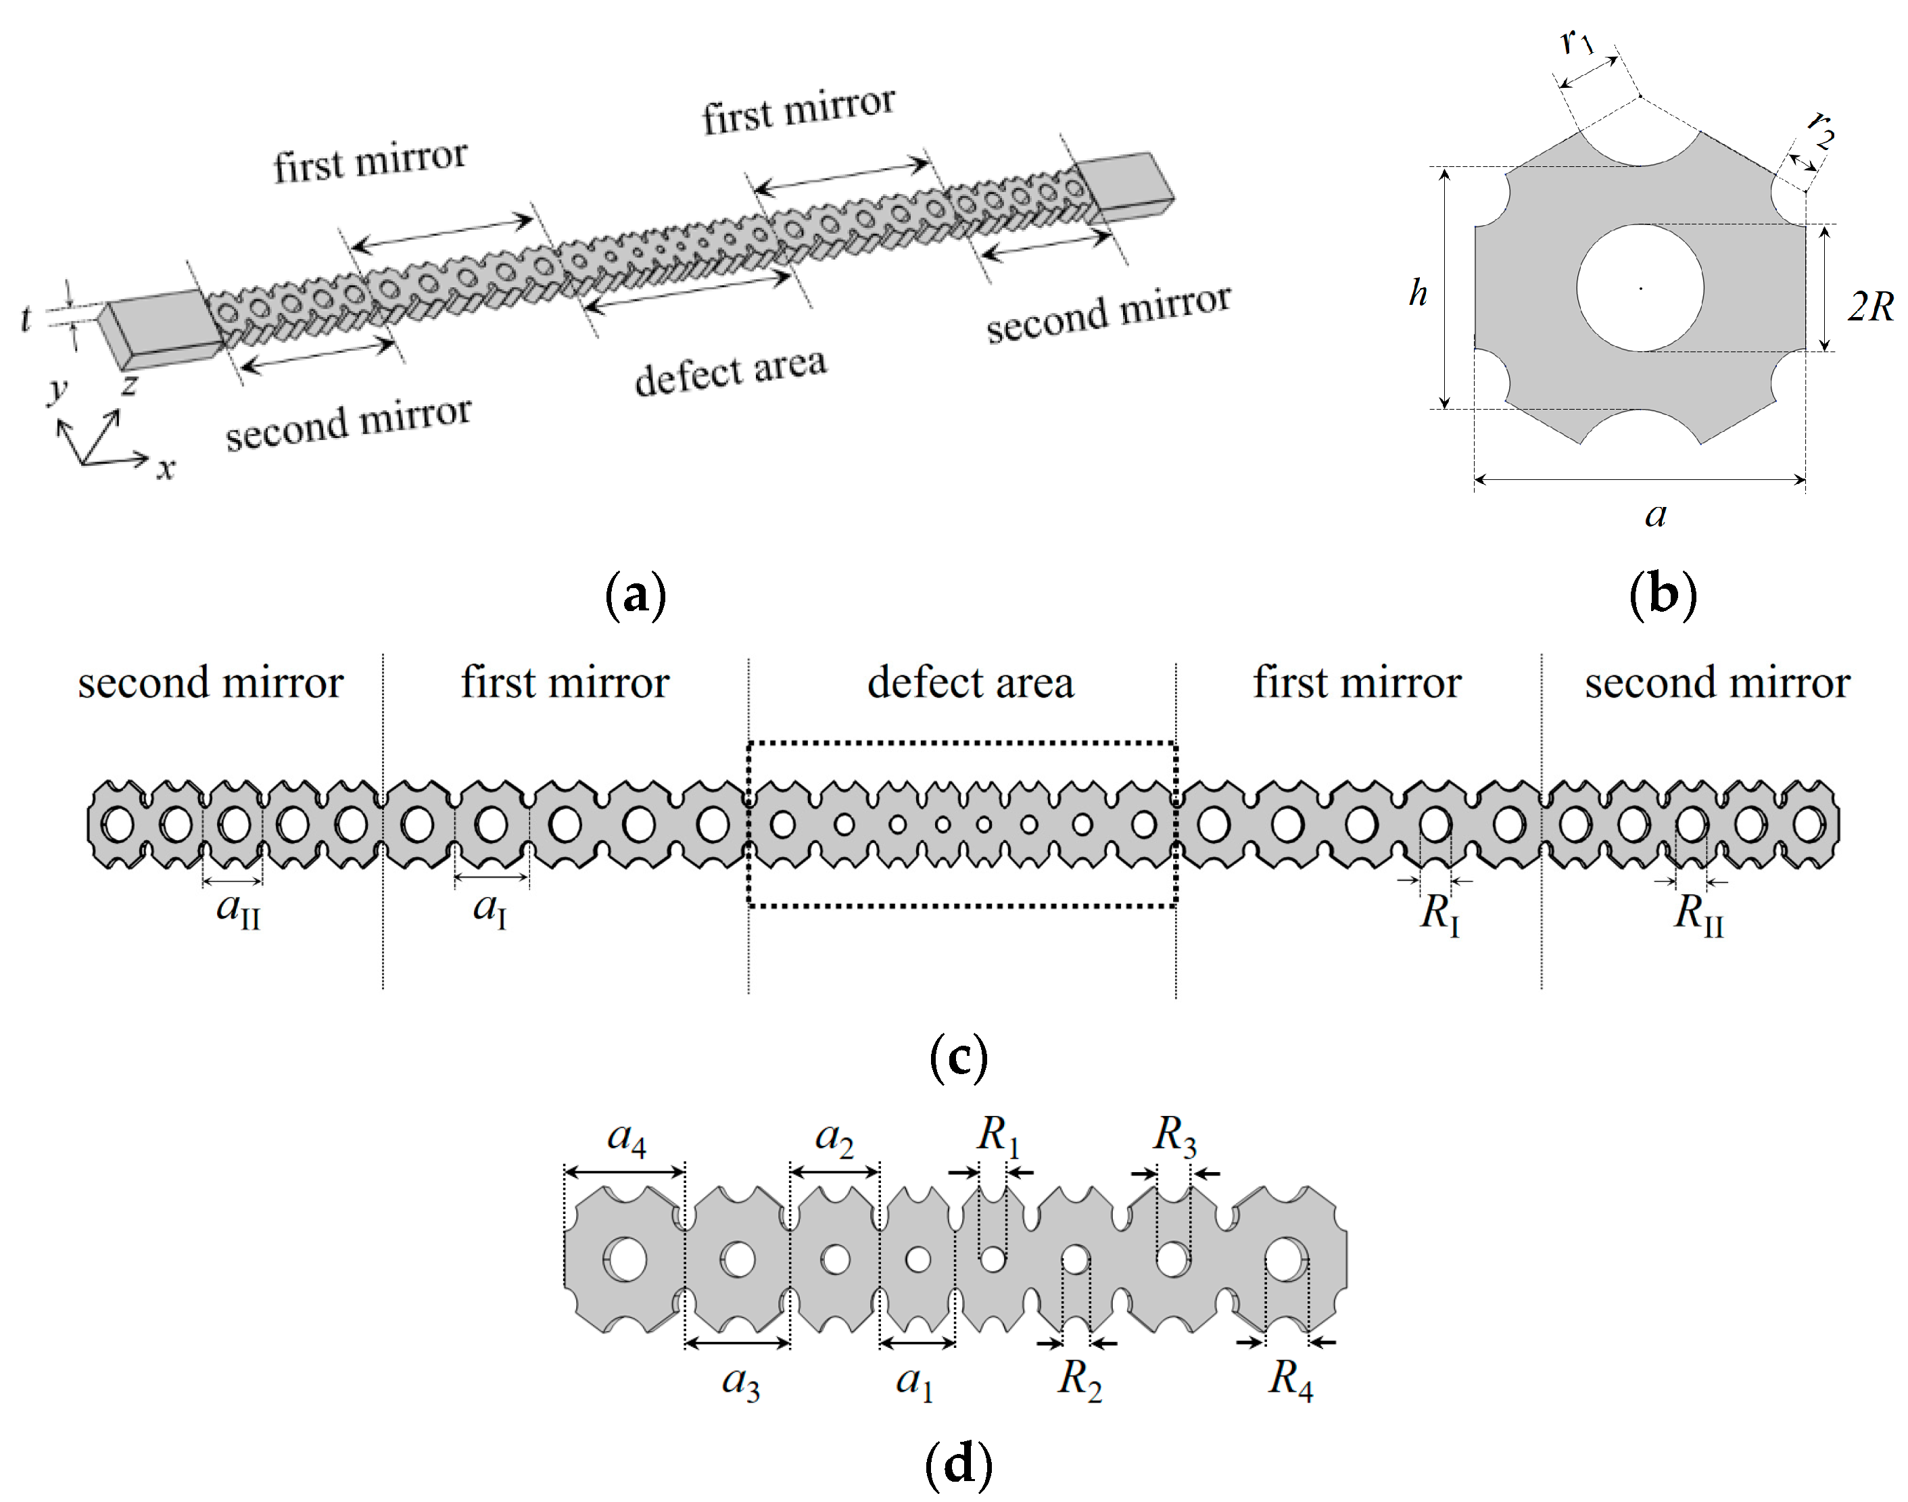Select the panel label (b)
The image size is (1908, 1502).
pyautogui.click(x=1662, y=596)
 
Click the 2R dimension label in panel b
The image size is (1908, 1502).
pyautogui.click(x=1870, y=307)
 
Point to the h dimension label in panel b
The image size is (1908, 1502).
pyautogui.click(x=1417, y=293)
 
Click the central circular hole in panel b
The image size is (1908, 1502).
pyautogui.click(x=1640, y=287)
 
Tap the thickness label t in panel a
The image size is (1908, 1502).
pyautogui.click(x=26, y=318)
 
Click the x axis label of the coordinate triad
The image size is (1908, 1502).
pyautogui.click(x=166, y=468)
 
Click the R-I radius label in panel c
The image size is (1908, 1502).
pyautogui.click(x=1440, y=915)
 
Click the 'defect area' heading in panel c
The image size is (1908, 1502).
pyautogui.click(x=970, y=683)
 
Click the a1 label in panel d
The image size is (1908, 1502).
pyautogui.click(x=915, y=1382)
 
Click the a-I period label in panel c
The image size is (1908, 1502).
pyautogui.click(x=489, y=909)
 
